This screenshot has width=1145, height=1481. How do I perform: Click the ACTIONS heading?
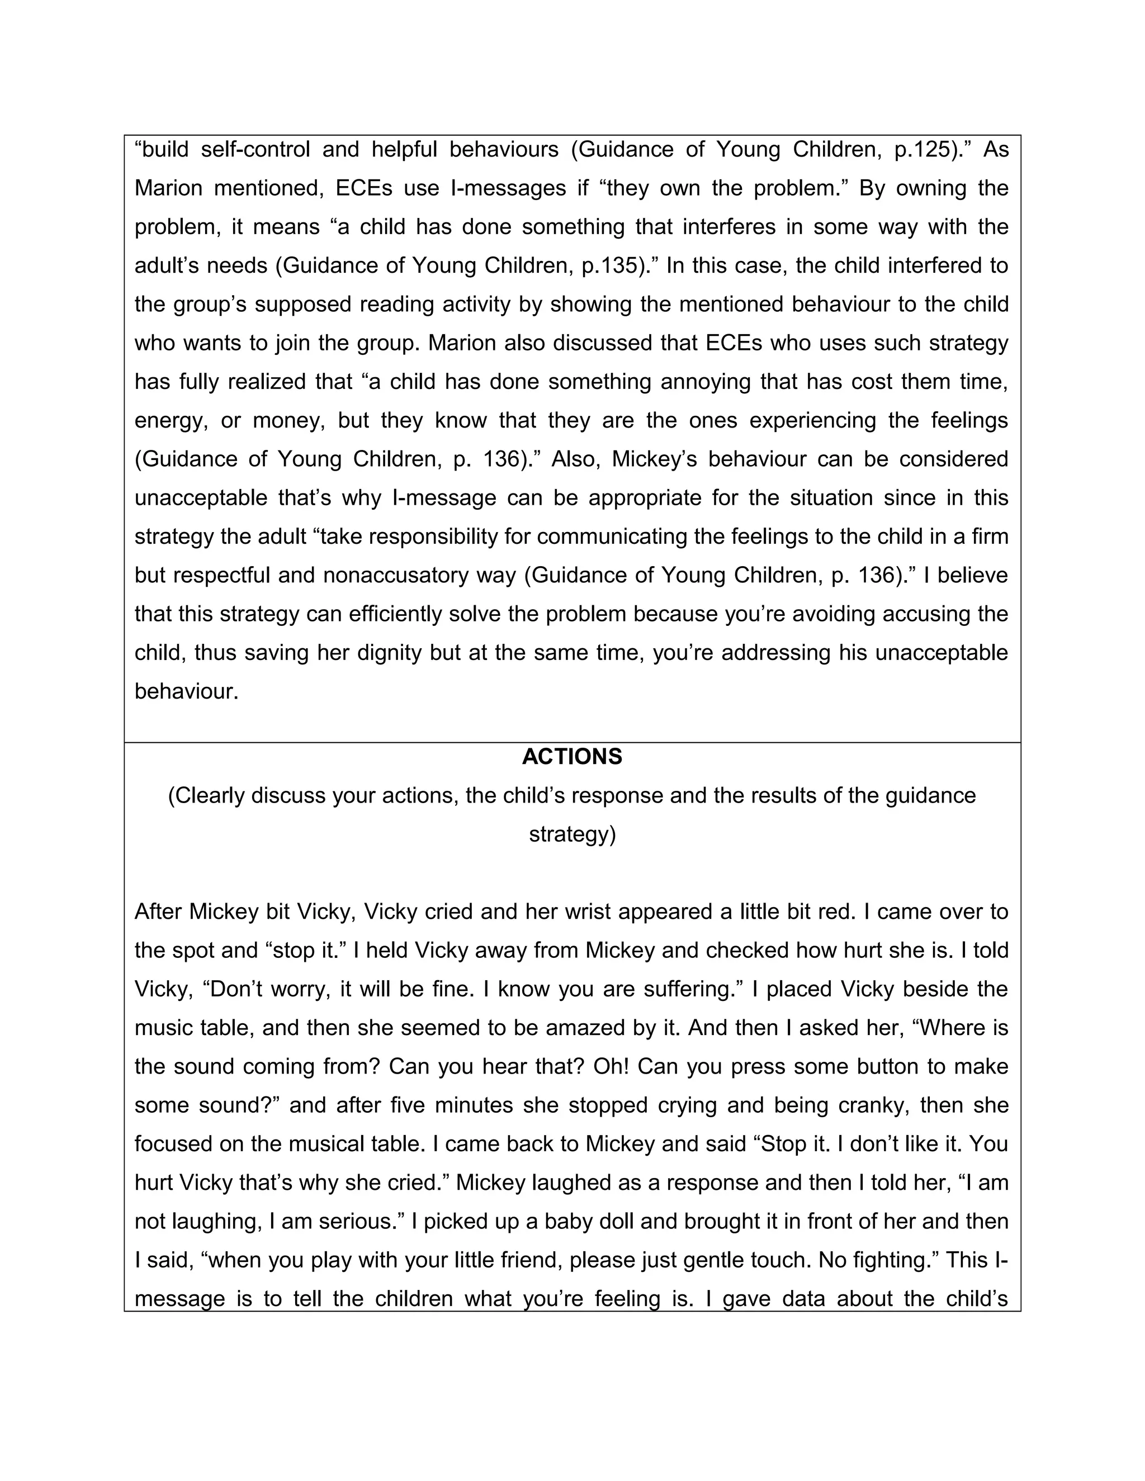tap(572, 757)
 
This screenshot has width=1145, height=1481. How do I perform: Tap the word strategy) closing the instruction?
tap(572, 834)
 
